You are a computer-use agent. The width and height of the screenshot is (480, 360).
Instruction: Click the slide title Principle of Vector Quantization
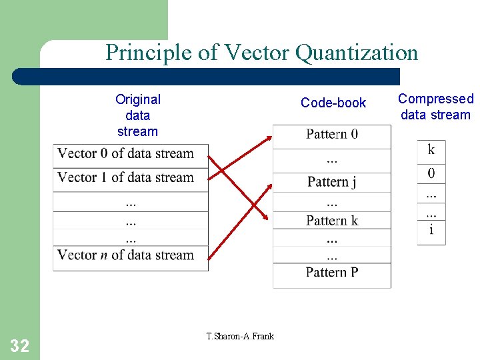[261, 52]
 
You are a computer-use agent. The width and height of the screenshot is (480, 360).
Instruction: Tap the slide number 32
[19, 345]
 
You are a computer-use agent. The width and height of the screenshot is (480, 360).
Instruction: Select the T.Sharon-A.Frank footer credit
[240, 336]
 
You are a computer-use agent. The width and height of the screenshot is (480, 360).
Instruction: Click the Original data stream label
[138, 115]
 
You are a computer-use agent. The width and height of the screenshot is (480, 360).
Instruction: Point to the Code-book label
[333, 103]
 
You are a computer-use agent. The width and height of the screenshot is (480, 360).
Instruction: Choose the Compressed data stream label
[435, 107]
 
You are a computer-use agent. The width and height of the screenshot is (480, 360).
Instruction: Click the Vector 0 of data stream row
[131, 154]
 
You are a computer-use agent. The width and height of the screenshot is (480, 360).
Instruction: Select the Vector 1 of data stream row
[131, 178]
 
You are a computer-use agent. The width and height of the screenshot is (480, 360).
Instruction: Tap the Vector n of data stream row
[131, 255]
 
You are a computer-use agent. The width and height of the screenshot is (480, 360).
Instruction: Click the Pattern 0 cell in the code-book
[332, 135]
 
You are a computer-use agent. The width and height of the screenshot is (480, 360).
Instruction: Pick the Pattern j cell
[332, 182]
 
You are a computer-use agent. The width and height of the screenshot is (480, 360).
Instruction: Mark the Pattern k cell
[332, 221]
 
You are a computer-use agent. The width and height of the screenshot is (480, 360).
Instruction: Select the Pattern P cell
[332, 272]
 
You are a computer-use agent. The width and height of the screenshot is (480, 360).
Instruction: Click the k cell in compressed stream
[431, 150]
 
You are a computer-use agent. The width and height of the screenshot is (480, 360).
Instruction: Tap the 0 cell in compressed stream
[431, 174]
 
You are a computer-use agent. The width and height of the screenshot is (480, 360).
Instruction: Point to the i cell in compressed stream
[431, 231]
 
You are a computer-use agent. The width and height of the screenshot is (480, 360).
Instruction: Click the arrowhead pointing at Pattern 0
[269, 138]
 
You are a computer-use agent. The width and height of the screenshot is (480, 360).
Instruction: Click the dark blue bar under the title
[207, 76]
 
